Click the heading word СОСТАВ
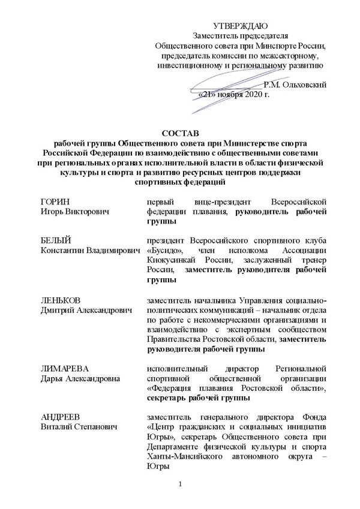[x=179, y=132]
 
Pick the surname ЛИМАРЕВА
[x=62, y=366]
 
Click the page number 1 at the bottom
[x=179, y=483]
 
